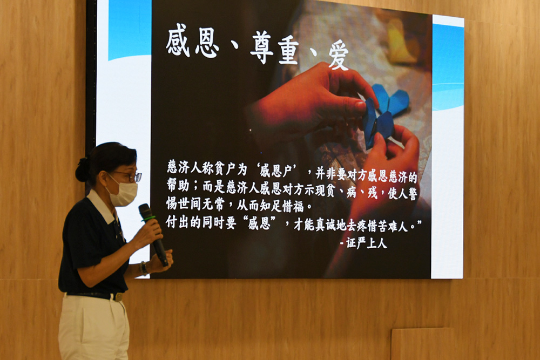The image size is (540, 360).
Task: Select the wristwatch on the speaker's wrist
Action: (144, 268)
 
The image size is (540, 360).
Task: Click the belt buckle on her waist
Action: (116, 297)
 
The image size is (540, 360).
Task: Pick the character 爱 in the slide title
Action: (339, 54)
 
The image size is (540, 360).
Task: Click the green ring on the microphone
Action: (148, 219)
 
